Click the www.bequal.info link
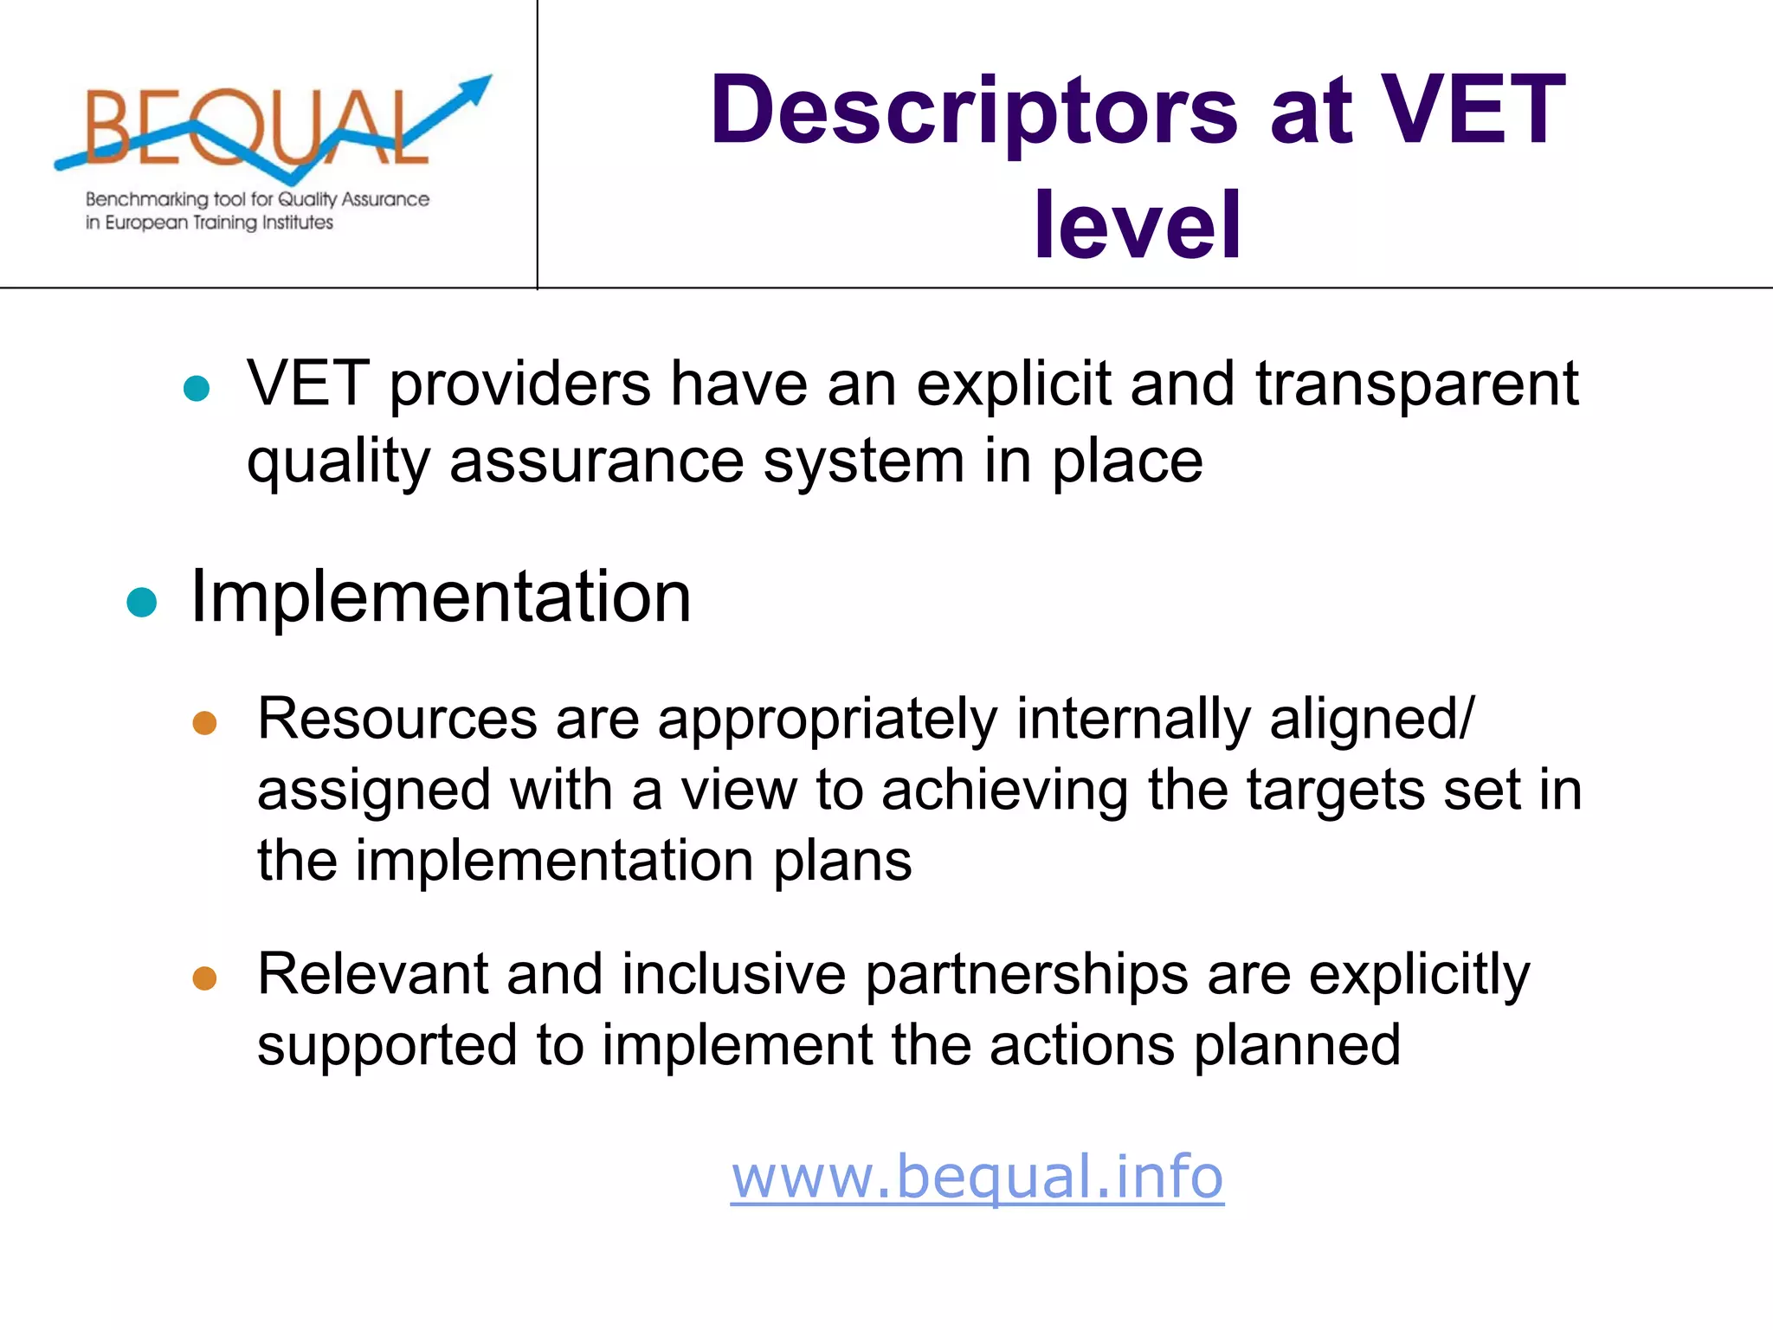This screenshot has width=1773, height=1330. (x=977, y=1178)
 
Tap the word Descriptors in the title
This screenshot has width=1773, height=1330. (x=974, y=111)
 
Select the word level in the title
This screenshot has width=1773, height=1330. (x=1138, y=225)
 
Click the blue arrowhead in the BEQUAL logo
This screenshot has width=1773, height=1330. (x=474, y=87)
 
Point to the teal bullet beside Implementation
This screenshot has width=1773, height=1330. (x=141, y=602)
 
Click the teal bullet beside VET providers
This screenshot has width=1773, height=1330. (x=197, y=388)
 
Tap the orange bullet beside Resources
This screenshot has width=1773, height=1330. (x=204, y=723)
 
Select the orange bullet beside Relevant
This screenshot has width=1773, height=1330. (x=204, y=978)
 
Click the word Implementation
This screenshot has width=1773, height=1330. (x=441, y=597)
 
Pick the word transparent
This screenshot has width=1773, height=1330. (x=1417, y=385)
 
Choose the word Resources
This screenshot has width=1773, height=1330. (x=397, y=719)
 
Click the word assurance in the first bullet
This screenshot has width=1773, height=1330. (x=596, y=462)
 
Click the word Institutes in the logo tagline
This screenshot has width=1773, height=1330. (x=298, y=223)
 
